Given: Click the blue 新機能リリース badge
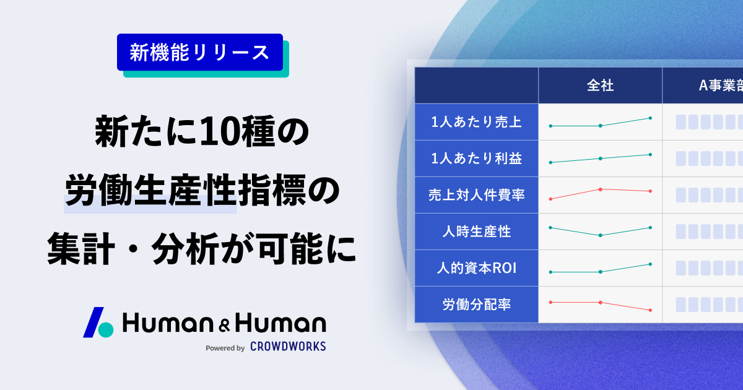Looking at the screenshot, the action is click(x=199, y=52).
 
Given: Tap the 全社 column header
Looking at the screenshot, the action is click(x=600, y=85).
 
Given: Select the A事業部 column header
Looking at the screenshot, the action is click(x=721, y=85).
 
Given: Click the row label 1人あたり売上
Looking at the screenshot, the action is click(x=476, y=122).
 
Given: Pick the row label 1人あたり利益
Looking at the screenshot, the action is click(x=476, y=158).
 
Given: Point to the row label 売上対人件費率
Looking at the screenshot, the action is click(x=476, y=195).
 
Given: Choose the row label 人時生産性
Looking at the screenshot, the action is click(x=476, y=232).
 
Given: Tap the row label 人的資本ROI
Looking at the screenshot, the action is click(x=476, y=268).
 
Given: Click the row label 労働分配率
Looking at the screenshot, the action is click(x=476, y=305).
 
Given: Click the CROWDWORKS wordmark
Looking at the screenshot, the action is click(x=288, y=346).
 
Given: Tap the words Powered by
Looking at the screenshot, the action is click(x=225, y=348).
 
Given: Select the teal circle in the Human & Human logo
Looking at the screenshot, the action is click(x=106, y=329).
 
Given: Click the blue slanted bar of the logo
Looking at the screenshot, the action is click(x=93, y=323).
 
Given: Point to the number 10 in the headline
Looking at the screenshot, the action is click(x=220, y=132).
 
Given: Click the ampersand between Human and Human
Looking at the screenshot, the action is click(x=224, y=326).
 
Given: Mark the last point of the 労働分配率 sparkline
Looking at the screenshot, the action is click(x=650, y=310).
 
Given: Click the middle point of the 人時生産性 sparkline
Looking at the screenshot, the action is click(x=601, y=235).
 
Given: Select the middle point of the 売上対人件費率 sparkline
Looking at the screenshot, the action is click(x=601, y=189).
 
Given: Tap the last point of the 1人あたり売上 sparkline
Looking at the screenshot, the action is click(x=650, y=118).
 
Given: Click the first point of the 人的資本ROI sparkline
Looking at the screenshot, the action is click(x=550, y=272).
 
